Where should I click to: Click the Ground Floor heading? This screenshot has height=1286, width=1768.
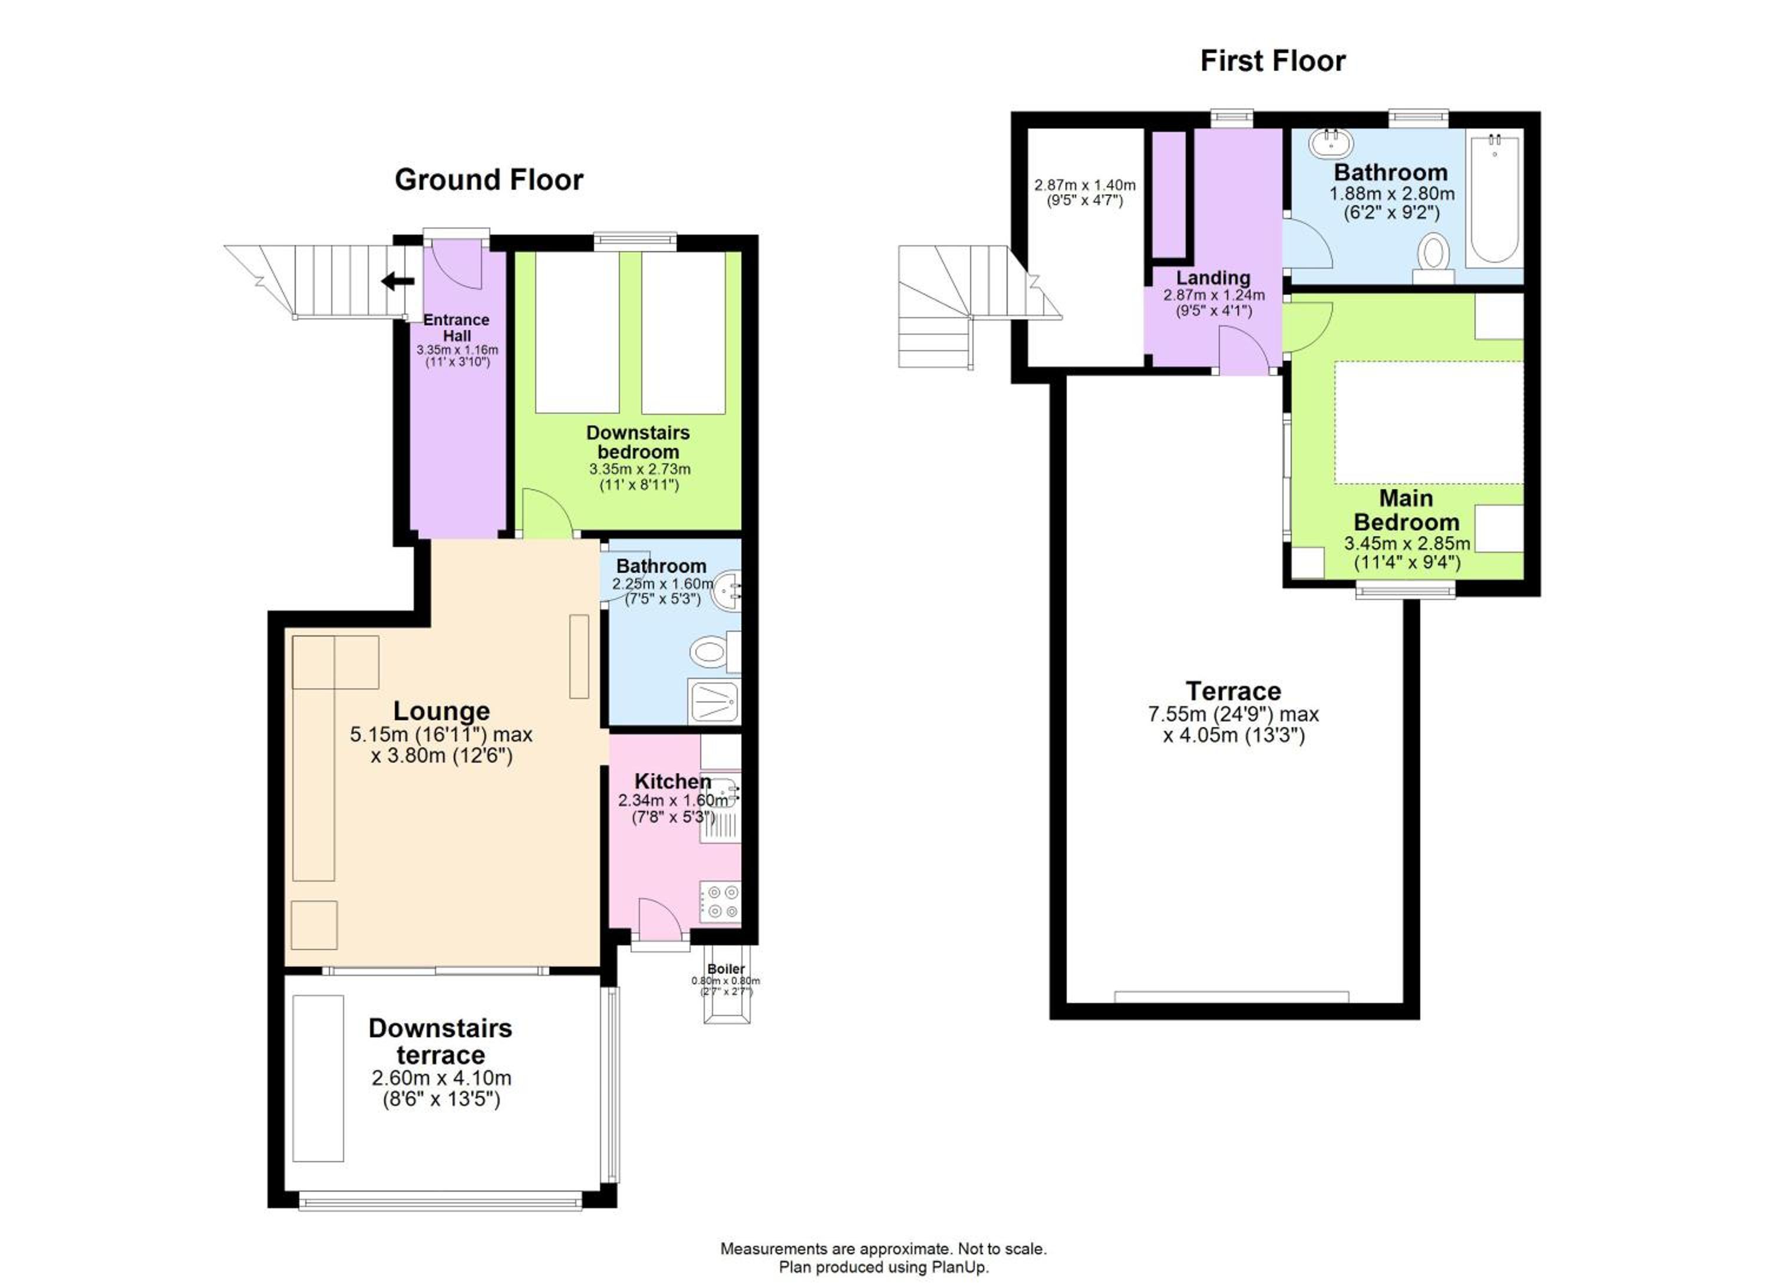(x=489, y=180)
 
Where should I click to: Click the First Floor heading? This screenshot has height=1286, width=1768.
(x=1273, y=61)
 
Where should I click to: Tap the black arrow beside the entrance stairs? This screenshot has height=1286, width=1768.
(x=398, y=281)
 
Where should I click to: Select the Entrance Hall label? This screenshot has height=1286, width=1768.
(x=457, y=327)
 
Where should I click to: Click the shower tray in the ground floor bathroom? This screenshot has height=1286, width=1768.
(x=713, y=701)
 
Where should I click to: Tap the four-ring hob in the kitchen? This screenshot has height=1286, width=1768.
(x=720, y=902)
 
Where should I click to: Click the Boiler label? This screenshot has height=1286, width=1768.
(x=725, y=969)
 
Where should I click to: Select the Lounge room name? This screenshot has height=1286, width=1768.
(x=441, y=711)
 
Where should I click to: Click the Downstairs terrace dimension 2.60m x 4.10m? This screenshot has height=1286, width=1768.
(x=441, y=1079)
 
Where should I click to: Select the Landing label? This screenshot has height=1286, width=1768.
(x=1213, y=278)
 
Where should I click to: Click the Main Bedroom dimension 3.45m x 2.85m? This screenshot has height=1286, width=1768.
(x=1407, y=543)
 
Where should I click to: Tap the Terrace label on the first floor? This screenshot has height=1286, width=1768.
(x=1233, y=691)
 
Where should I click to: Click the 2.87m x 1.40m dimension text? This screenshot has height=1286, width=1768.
(x=1084, y=186)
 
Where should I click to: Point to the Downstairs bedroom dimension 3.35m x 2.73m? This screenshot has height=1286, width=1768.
(x=639, y=469)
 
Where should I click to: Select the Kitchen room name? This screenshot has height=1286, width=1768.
(x=673, y=781)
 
